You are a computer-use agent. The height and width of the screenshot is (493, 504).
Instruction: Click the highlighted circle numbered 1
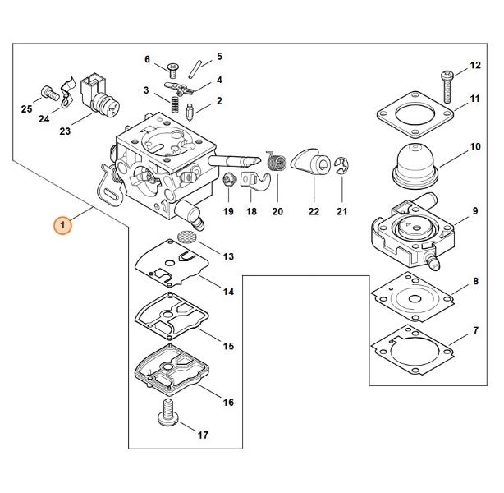62,225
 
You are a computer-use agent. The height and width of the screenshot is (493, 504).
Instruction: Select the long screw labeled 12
447,86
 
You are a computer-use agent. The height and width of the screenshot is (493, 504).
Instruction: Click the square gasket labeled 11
415,114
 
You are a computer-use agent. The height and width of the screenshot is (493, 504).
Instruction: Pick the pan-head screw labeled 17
168,412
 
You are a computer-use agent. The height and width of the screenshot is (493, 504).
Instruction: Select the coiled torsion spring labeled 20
276,161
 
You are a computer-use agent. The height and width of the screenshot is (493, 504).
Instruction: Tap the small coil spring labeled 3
175,104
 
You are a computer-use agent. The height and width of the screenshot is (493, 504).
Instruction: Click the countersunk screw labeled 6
173,71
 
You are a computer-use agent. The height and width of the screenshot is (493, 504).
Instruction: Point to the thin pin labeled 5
195,68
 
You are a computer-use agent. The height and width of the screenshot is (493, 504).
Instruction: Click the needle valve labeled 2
190,112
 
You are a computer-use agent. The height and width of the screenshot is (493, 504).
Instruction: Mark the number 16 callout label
228,403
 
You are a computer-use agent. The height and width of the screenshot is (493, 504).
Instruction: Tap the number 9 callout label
475,211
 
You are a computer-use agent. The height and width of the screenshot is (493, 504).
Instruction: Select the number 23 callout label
65,131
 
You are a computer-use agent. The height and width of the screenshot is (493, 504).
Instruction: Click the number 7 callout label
476,330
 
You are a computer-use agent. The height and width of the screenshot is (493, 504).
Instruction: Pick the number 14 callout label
228,292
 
